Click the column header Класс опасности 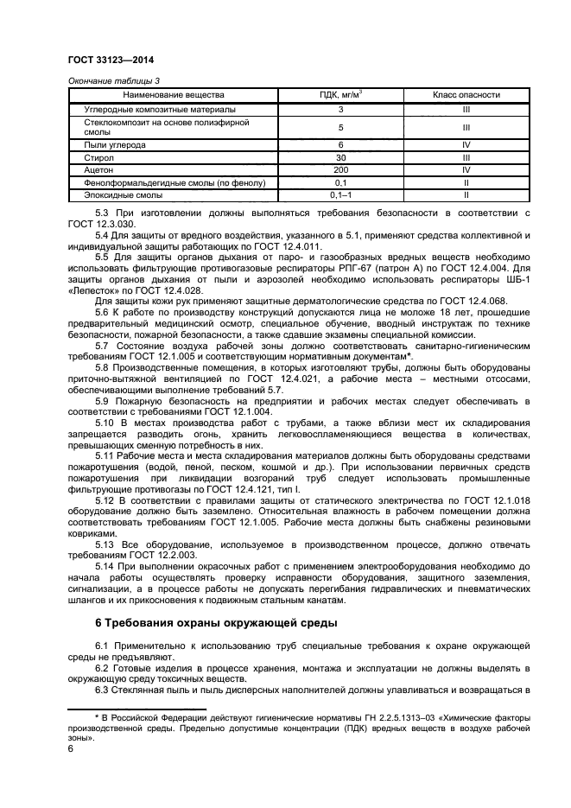pos(466,94)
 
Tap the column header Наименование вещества pos(174,94)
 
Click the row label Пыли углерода pos(111,145)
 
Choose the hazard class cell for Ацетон pos(466,171)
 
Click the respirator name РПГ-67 pos(355,257)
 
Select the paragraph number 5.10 pos(105,422)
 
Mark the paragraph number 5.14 pos(105,564)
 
